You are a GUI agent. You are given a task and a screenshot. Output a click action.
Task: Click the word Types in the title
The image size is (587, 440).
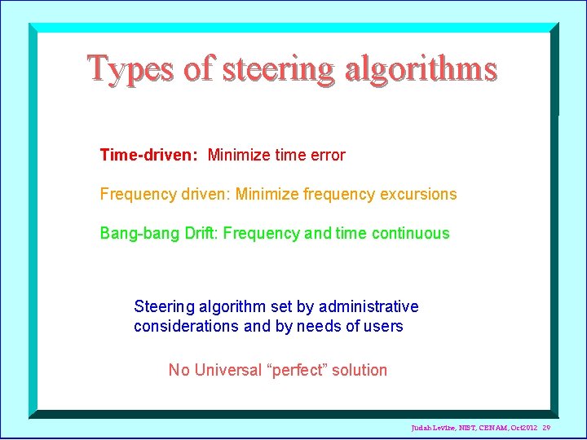pyautogui.click(x=131, y=69)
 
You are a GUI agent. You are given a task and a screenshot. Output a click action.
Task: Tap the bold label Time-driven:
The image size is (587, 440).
pyautogui.click(x=148, y=155)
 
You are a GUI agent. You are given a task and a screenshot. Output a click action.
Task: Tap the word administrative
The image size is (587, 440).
pyautogui.click(x=369, y=306)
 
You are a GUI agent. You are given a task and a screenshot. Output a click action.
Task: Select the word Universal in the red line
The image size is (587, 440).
pyautogui.click(x=227, y=370)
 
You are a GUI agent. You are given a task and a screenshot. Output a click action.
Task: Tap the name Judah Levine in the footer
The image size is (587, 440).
pyautogui.click(x=432, y=428)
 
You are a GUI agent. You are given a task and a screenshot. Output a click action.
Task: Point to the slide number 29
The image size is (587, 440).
pyautogui.click(x=546, y=428)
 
